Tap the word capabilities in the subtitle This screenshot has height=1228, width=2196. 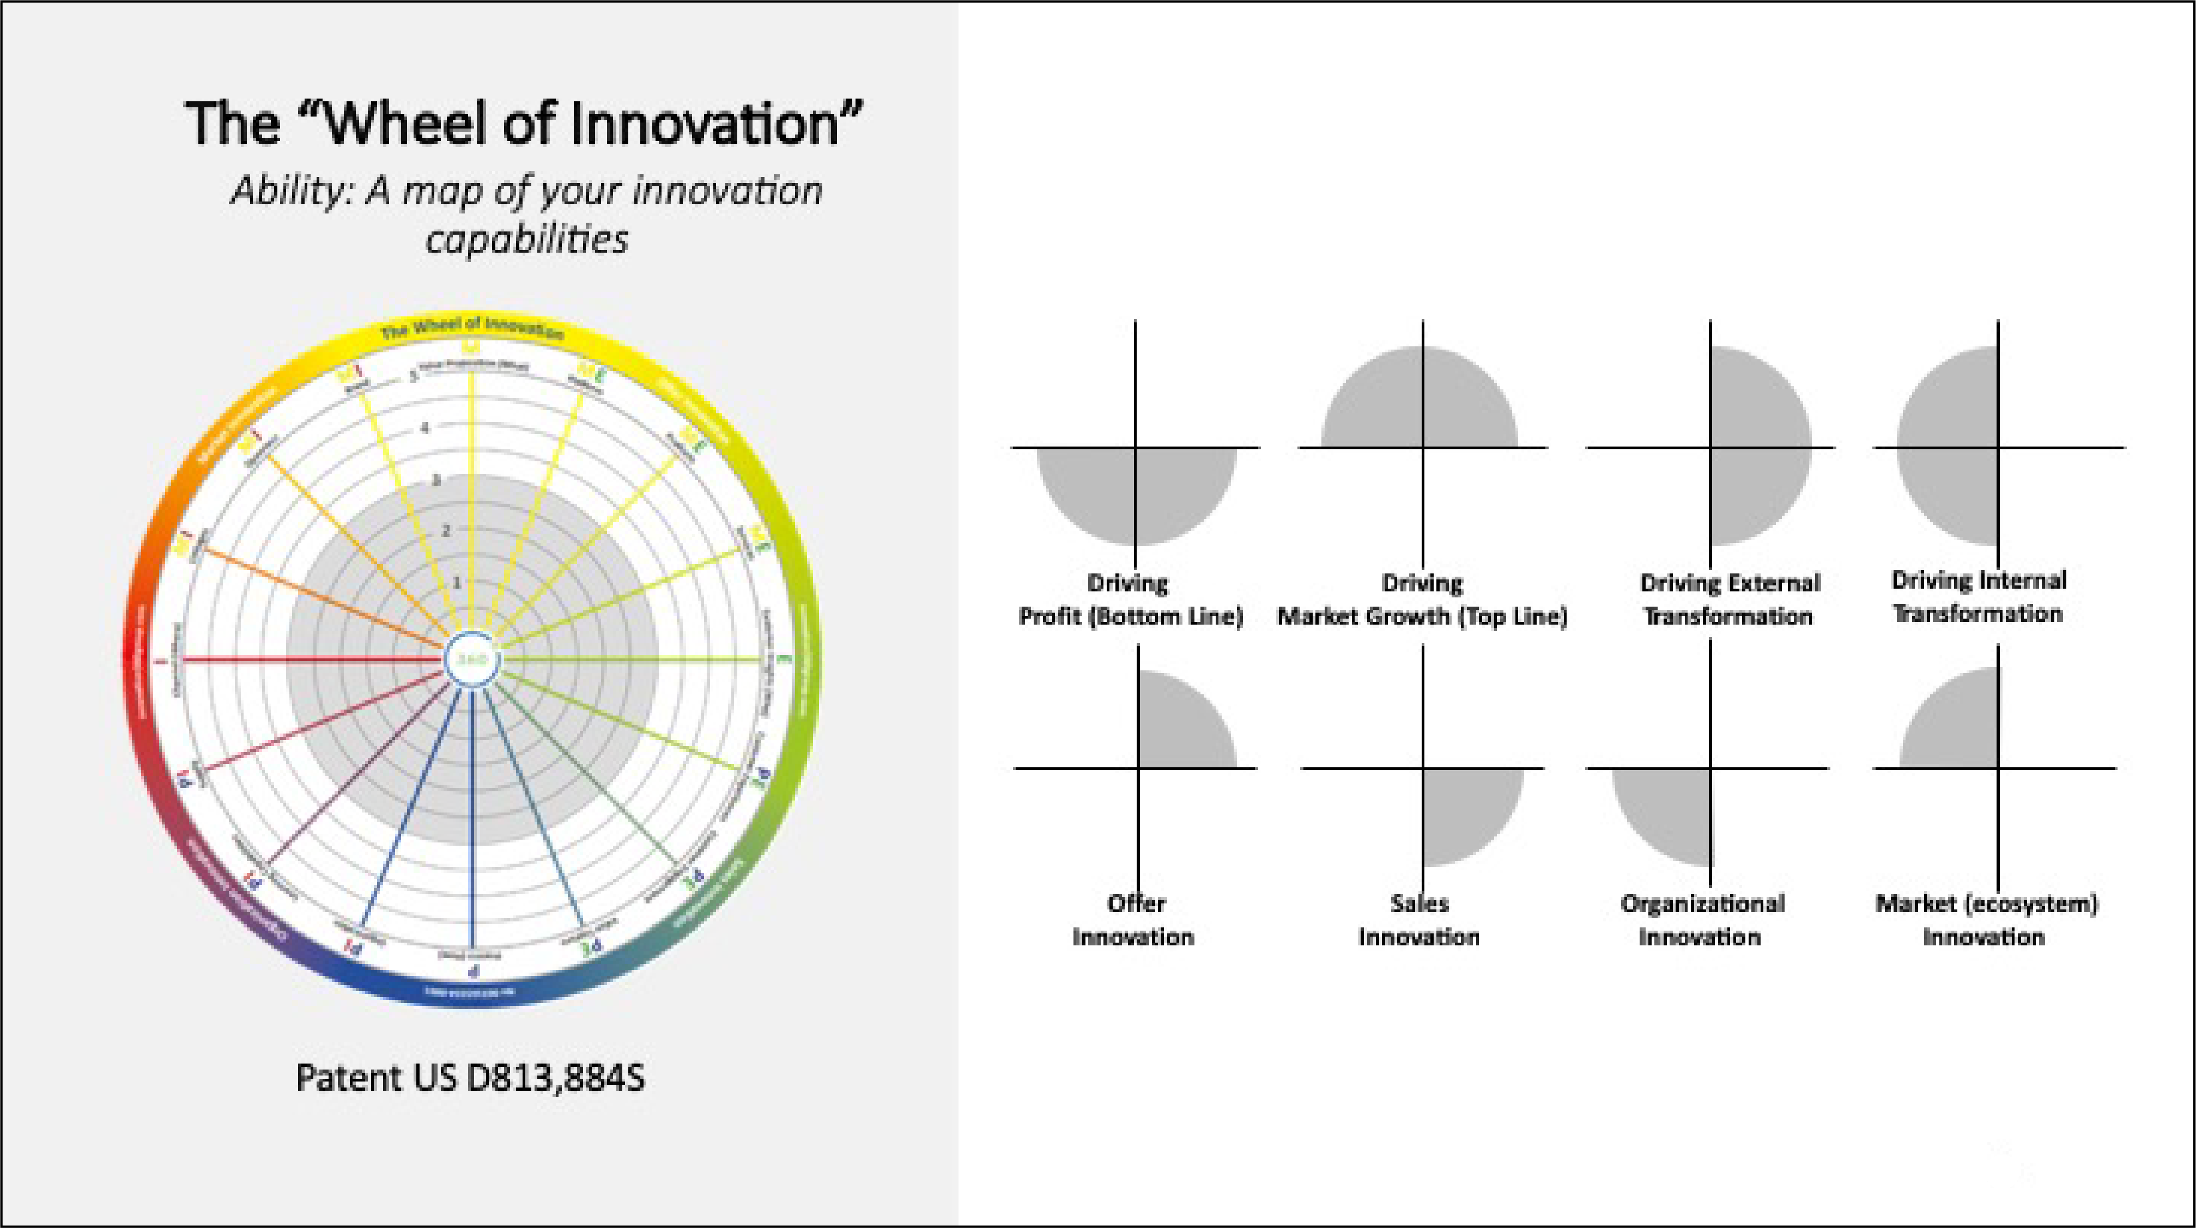click(527, 240)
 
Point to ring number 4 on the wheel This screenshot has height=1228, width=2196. click(424, 428)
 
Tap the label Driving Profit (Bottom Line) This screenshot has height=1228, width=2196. click(1130, 600)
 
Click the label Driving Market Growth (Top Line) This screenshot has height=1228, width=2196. click(1422, 600)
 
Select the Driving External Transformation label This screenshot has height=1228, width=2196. click(1729, 600)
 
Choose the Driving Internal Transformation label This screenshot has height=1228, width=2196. click(1979, 596)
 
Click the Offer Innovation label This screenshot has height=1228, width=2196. click(1134, 920)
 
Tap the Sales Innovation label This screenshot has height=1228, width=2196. click(1419, 920)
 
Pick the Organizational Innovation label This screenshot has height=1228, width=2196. click(1702, 920)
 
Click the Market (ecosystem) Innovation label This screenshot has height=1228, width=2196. click(1986, 920)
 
